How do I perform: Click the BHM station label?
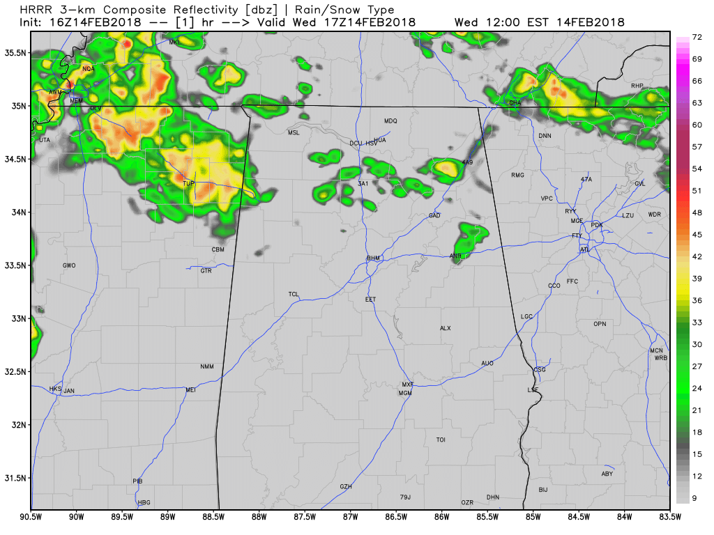click(x=374, y=258)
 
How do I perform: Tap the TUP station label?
click(x=188, y=184)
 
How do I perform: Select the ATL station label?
click(x=584, y=249)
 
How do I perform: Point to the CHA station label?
click(x=515, y=102)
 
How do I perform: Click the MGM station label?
click(x=405, y=394)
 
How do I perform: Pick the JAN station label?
click(x=69, y=391)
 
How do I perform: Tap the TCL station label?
click(x=294, y=295)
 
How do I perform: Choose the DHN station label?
click(x=493, y=497)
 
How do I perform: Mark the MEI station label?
click(x=190, y=390)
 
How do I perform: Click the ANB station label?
click(x=455, y=256)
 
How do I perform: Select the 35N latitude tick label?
click(x=18, y=106)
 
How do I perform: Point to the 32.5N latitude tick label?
click(x=15, y=372)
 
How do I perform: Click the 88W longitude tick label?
click(x=259, y=517)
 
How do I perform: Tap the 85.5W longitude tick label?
click(x=487, y=517)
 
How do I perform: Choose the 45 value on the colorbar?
click(x=697, y=234)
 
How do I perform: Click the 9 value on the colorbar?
click(x=697, y=498)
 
